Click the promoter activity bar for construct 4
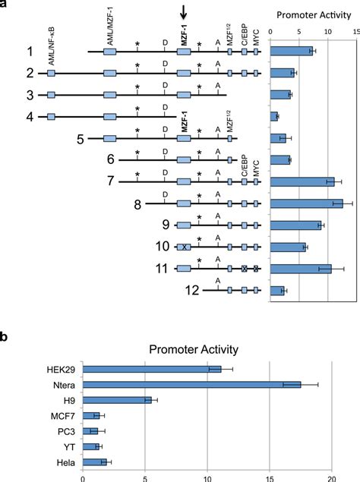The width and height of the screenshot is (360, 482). [274, 116]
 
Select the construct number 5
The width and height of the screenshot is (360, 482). [81, 138]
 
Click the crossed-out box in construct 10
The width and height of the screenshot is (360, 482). [184, 247]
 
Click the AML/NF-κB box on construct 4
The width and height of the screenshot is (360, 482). [51, 117]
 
